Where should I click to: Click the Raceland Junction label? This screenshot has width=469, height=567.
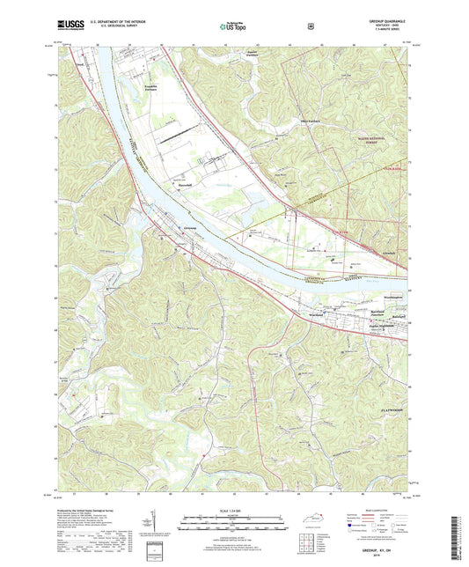(363, 313)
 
